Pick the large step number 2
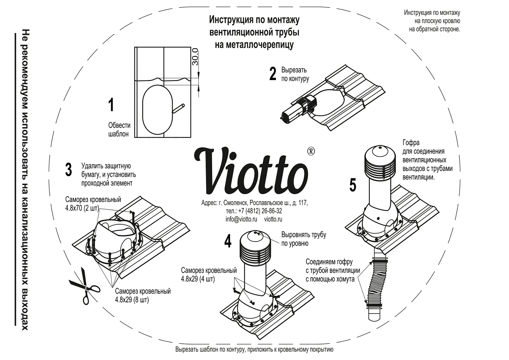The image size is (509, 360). tap(273, 74)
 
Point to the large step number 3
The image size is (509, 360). tap(69, 170)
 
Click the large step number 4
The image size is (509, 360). tap(228, 241)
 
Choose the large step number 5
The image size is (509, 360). tap(353, 185)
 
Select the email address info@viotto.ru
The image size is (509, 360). tap(241, 219)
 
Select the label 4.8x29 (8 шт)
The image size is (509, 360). tap(132, 300)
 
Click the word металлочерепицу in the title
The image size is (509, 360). tap(254, 44)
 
